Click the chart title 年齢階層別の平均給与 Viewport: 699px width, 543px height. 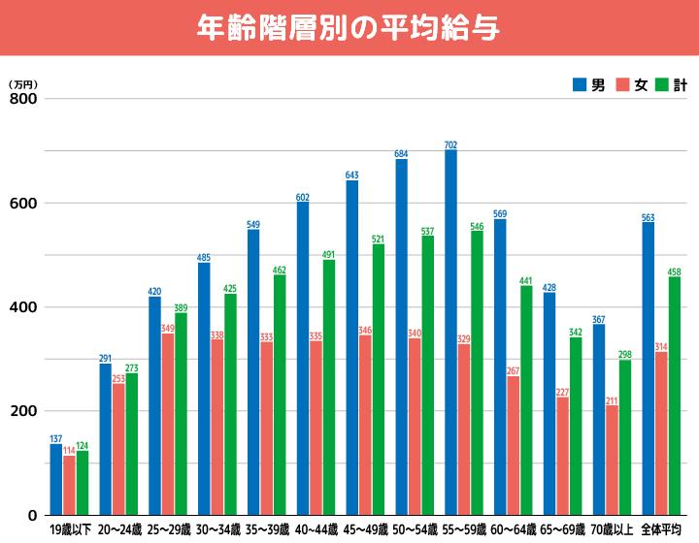click(349, 28)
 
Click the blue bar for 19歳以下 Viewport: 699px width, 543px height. click(55, 479)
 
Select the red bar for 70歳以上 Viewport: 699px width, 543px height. click(613, 460)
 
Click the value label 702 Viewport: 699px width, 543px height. click(450, 145)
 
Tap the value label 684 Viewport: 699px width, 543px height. click(401, 154)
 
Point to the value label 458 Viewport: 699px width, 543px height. click(674, 272)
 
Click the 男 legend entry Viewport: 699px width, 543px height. click(589, 85)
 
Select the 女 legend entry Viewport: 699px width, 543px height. click(632, 85)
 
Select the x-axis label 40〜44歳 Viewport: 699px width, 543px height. click(316, 530)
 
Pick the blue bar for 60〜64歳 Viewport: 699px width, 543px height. click(500, 367)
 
